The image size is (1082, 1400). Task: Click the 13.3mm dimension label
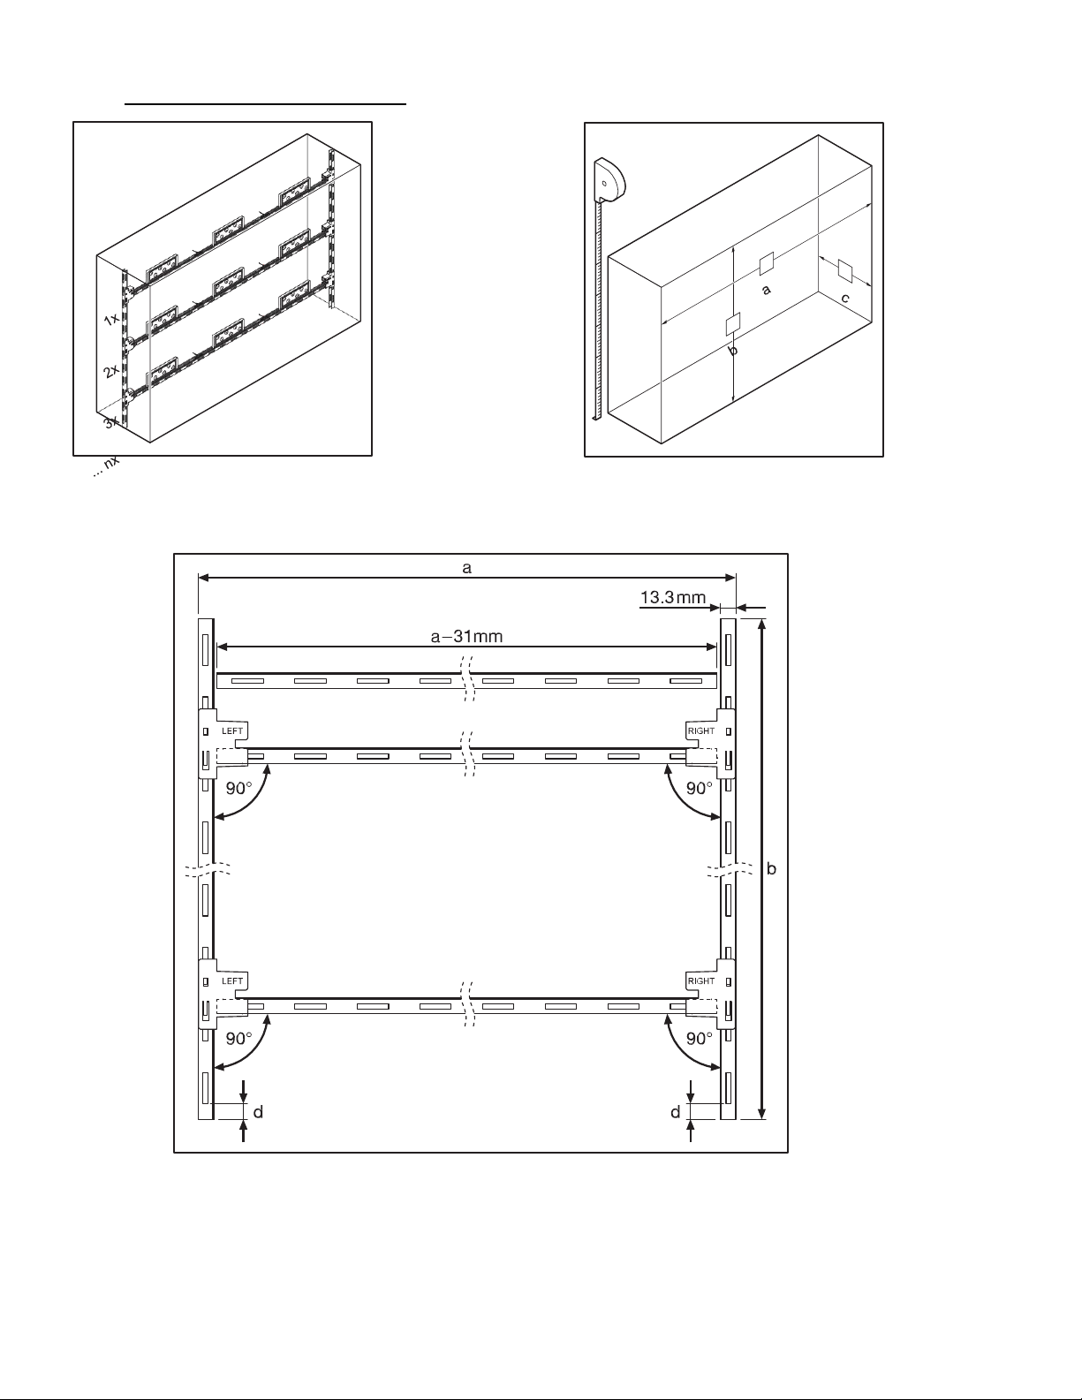[673, 598]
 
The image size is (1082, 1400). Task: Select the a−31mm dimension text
[466, 637]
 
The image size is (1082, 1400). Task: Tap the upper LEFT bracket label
[232, 730]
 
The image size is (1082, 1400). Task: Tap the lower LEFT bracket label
[232, 980]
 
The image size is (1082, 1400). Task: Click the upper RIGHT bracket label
[701, 730]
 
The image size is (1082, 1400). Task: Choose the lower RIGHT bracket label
[701, 980]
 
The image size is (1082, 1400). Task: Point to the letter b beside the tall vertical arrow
[772, 868]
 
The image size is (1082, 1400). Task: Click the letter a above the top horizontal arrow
[467, 568]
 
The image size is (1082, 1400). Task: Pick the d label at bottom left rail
[258, 1112]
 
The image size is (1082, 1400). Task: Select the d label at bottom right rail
[675, 1112]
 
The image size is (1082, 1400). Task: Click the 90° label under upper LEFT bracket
[239, 788]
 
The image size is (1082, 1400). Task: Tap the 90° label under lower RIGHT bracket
[700, 1038]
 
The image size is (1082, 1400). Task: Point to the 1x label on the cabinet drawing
[111, 318]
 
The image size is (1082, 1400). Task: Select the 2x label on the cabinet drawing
[111, 371]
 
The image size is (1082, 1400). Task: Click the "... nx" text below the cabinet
[106, 466]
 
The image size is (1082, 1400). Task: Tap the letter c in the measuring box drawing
[845, 299]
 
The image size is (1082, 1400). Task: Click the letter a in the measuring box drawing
[767, 290]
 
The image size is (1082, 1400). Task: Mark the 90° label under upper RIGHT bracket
[700, 788]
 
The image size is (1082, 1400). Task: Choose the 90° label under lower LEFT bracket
[239, 1038]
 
